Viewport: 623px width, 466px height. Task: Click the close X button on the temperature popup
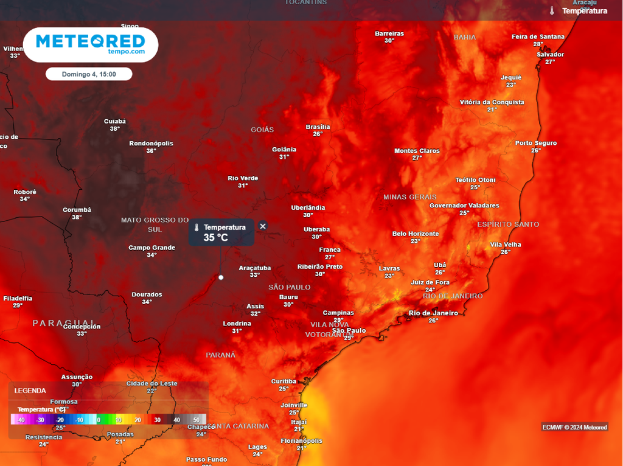pyautogui.click(x=263, y=226)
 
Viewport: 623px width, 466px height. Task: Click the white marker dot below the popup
pyautogui.click(x=221, y=277)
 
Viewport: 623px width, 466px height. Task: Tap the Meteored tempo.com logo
pyautogui.click(x=91, y=44)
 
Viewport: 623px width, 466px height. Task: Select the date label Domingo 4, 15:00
pyautogui.click(x=89, y=74)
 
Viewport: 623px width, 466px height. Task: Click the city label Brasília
pyautogui.click(x=318, y=127)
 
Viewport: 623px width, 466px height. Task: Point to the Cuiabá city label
pyautogui.click(x=114, y=122)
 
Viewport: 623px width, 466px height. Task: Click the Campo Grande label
pyautogui.click(x=151, y=248)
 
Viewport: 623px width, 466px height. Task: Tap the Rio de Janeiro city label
pyautogui.click(x=433, y=313)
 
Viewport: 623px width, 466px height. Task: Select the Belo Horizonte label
pyautogui.click(x=416, y=234)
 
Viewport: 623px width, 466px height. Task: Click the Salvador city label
pyautogui.click(x=550, y=55)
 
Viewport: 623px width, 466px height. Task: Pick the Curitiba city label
pyautogui.click(x=284, y=382)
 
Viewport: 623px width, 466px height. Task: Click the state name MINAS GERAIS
pyautogui.click(x=410, y=197)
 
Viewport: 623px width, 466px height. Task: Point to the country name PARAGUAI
pyautogui.click(x=64, y=323)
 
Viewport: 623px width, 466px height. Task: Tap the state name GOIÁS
pyautogui.click(x=262, y=130)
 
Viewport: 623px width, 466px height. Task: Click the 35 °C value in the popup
pyautogui.click(x=215, y=238)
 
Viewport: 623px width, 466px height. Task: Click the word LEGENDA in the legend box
pyautogui.click(x=30, y=391)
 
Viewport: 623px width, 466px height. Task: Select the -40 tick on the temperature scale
pyautogui.click(x=21, y=420)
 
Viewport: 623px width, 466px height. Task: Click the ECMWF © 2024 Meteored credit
pyautogui.click(x=574, y=427)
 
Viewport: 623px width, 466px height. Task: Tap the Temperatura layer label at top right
pyautogui.click(x=584, y=11)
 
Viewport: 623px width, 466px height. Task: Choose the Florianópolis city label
pyautogui.click(x=301, y=441)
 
